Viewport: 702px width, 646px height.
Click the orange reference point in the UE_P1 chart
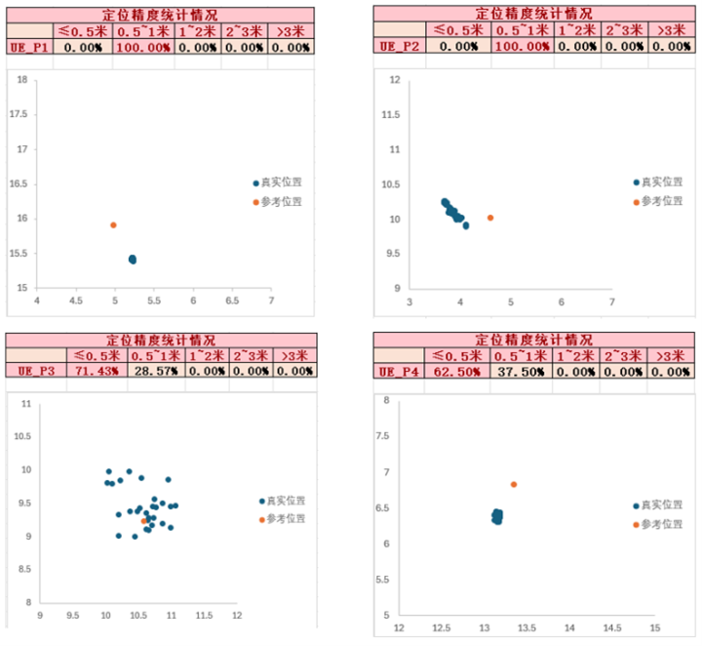click(x=113, y=224)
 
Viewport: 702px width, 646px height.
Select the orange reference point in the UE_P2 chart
click(x=490, y=218)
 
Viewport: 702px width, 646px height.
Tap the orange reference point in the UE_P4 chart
click(x=514, y=484)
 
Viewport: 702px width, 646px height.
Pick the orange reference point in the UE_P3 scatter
click(x=144, y=521)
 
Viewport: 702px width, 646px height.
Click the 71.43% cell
click(x=97, y=371)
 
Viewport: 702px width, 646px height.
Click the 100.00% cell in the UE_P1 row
click(x=142, y=48)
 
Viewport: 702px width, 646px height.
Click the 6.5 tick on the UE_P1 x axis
click(x=232, y=302)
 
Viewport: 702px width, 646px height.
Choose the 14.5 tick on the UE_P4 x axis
click(x=612, y=627)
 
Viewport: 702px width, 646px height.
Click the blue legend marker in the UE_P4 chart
click(x=637, y=505)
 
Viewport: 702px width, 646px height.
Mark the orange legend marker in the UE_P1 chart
click(x=256, y=202)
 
